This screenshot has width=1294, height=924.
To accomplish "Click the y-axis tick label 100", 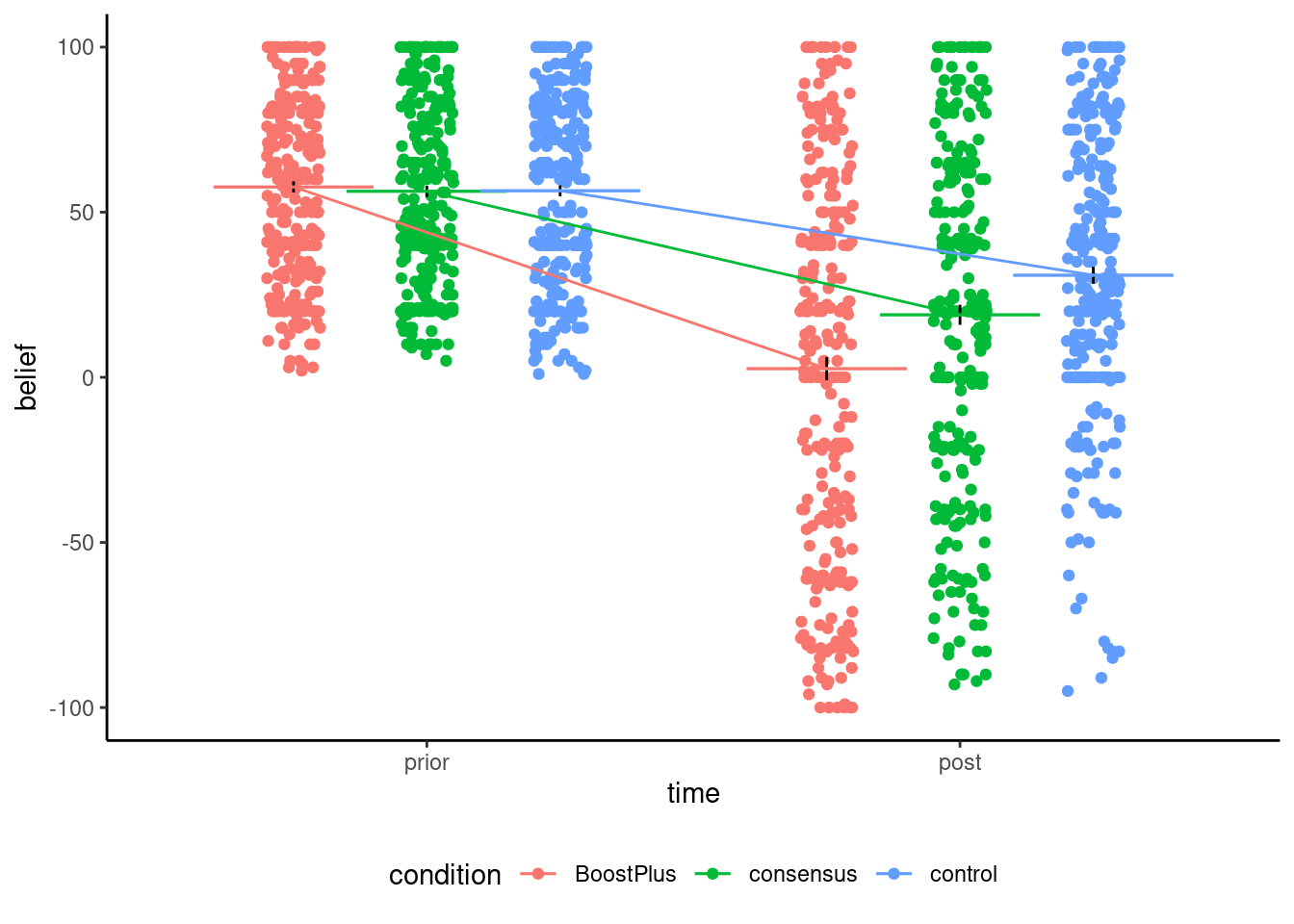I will pyautogui.click(x=75, y=47).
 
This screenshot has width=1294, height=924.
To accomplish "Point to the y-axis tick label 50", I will pyautogui.click(x=81, y=213).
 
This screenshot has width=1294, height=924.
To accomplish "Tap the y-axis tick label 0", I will pyautogui.click(x=88, y=378).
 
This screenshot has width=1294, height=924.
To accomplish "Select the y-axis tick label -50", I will pyautogui.click(x=78, y=543).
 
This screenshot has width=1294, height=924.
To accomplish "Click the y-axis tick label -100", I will pyautogui.click(x=72, y=708).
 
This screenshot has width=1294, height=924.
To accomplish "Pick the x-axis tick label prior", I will pyautogui.click(x=427, y=763).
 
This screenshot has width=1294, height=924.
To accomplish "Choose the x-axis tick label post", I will pyautogui.click(x=960, y=763).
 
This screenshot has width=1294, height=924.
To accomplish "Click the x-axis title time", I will pyautogui.click(x=693, y=793).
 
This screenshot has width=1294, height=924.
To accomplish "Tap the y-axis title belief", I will pyautogui.click(x=27, y=377).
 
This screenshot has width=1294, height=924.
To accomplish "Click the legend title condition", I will pyautogui.click(x=445, y=875).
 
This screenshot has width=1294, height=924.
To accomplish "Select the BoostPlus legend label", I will pyautogui.click(x=625, y=874).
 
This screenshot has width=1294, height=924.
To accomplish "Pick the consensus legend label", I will pyautogui.click(x=803, y=874).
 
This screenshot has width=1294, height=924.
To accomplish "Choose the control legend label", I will pyautogui.click(x=963, y=874).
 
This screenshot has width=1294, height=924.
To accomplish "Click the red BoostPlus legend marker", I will pyautogui.click(x=539, y=874).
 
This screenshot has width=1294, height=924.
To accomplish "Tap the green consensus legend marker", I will pyautogui.click(x=713, y=874).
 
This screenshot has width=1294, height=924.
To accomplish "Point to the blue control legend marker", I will pyautogui.click(x=894, y=874).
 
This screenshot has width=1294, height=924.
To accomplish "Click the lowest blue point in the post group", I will pyautogui.click(x=1068, y=691).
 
